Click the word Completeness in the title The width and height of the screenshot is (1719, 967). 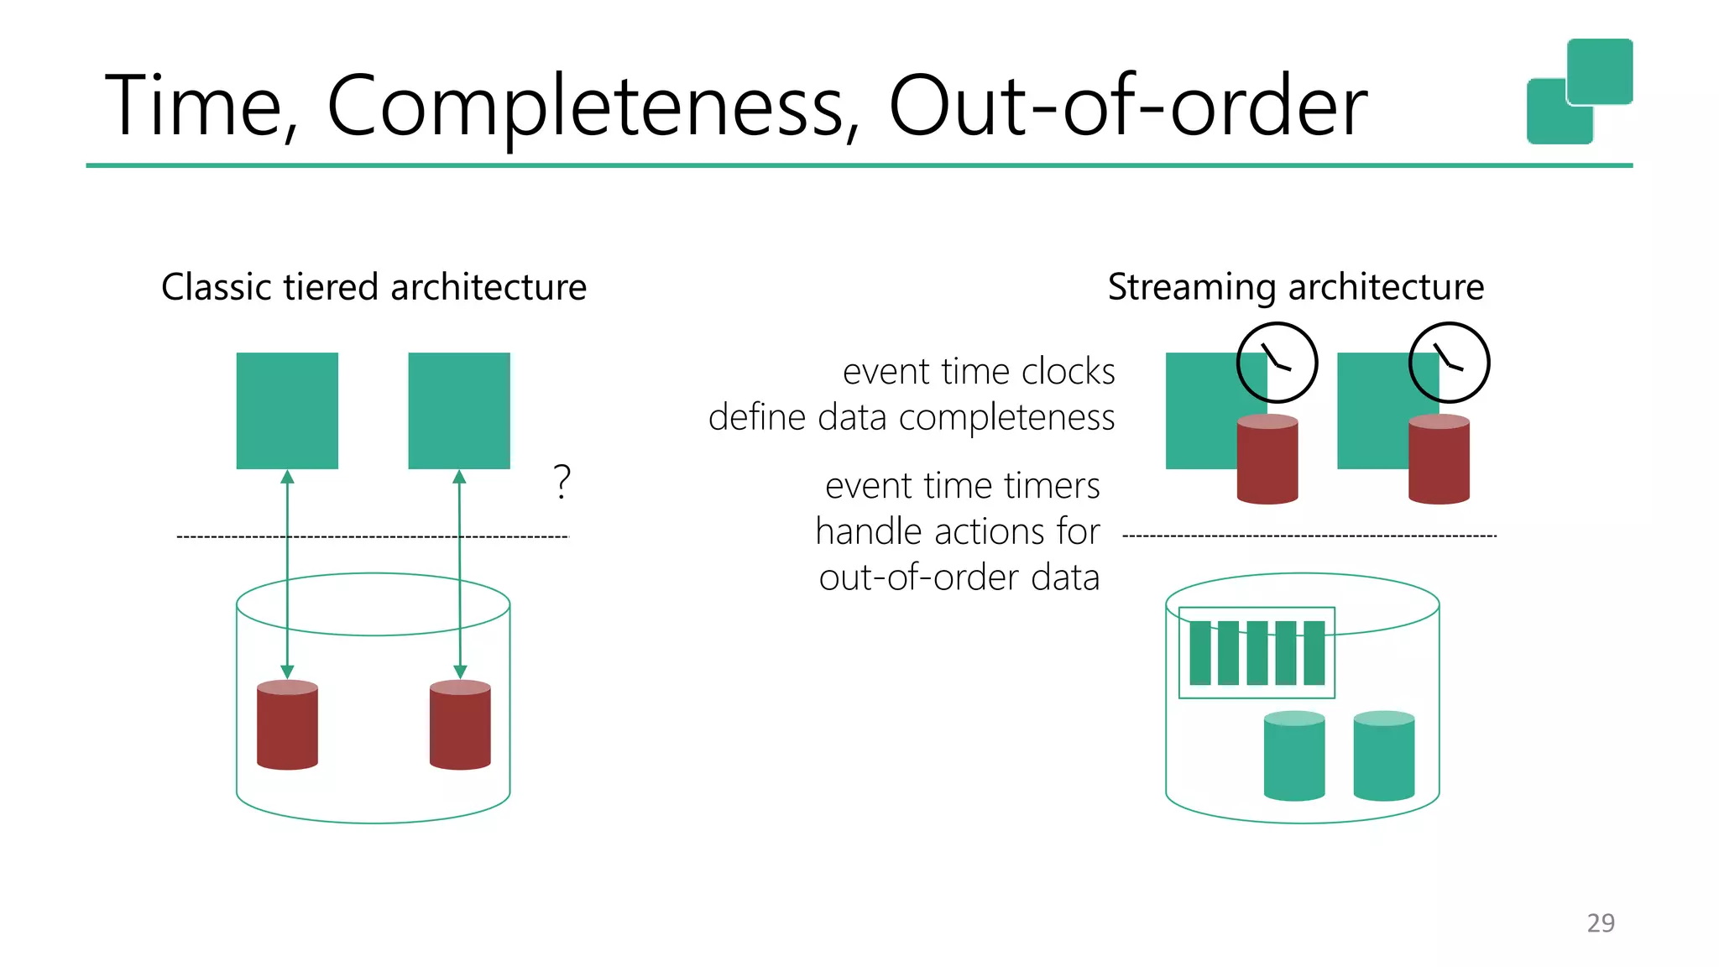[592, 107]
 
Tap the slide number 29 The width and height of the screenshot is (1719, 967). [1600, 923]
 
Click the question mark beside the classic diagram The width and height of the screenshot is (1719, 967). [562, 482]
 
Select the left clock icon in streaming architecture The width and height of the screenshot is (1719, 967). [1277, 363]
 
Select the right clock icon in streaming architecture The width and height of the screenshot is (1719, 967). [1449, 363]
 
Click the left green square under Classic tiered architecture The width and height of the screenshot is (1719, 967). [287, 410]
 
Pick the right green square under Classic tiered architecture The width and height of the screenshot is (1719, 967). [459, 410]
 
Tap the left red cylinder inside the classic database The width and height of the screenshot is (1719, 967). [287, 724]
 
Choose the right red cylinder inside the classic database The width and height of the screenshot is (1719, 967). [460, 724]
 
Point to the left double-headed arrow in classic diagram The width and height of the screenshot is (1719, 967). [287, 574]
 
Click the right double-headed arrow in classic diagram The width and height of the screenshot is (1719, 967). [459, 574]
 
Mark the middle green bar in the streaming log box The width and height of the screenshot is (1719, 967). [1257, 653]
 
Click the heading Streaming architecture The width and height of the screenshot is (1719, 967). [1295, 286]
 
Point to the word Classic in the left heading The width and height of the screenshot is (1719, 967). [217, 286]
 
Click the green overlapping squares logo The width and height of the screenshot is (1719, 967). [1579, 91]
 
